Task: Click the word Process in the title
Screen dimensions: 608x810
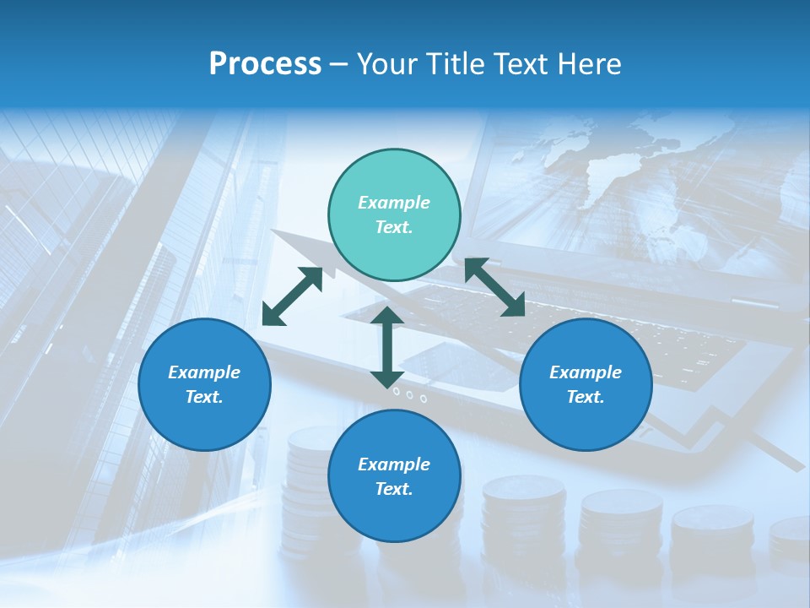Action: [265, 63]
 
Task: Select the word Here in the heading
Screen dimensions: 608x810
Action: [587, 63]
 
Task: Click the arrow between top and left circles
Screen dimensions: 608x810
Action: [292, 296]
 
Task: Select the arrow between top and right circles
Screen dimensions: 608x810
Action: [494, 287]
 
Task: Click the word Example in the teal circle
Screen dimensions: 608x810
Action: [394, 203]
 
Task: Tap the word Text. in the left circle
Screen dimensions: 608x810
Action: [204, 397]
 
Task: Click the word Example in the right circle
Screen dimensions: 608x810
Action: [586, 372]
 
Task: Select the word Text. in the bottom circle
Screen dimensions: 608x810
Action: [394, 489]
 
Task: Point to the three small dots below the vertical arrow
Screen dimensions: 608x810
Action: [409, 394]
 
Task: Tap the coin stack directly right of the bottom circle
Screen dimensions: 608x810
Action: [522, 515]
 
